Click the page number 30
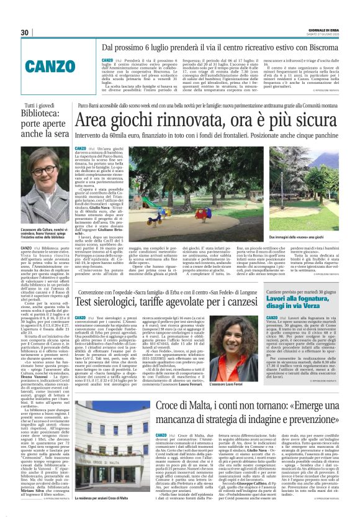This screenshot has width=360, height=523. click(24, 32)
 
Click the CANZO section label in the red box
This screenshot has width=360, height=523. click(60, 65)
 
